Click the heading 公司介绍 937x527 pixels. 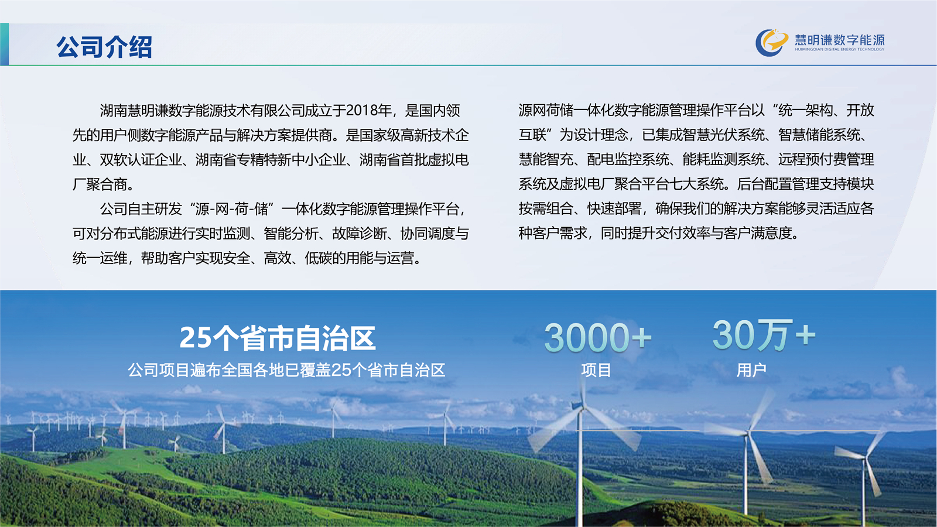(x=104, y=46)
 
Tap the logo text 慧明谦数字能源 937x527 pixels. (x=840, y=40)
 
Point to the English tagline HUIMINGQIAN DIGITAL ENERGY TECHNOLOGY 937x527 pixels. (x=840, y=49)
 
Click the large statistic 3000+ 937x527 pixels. (x=598, y=337)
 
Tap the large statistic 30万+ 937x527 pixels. (x=764, y=335)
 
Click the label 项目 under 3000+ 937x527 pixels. (x=596, y=370)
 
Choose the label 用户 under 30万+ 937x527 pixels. (x=751, y=370)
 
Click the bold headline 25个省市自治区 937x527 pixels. (x=278, y=338)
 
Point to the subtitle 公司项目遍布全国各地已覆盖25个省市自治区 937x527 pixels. (x=286, y=370)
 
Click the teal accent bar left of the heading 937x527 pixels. (x=4, y=45)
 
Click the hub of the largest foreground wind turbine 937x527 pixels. (x=580, y=406)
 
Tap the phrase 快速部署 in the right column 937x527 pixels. (x=614, y=208)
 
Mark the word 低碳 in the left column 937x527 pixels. (x=319, y=258)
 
